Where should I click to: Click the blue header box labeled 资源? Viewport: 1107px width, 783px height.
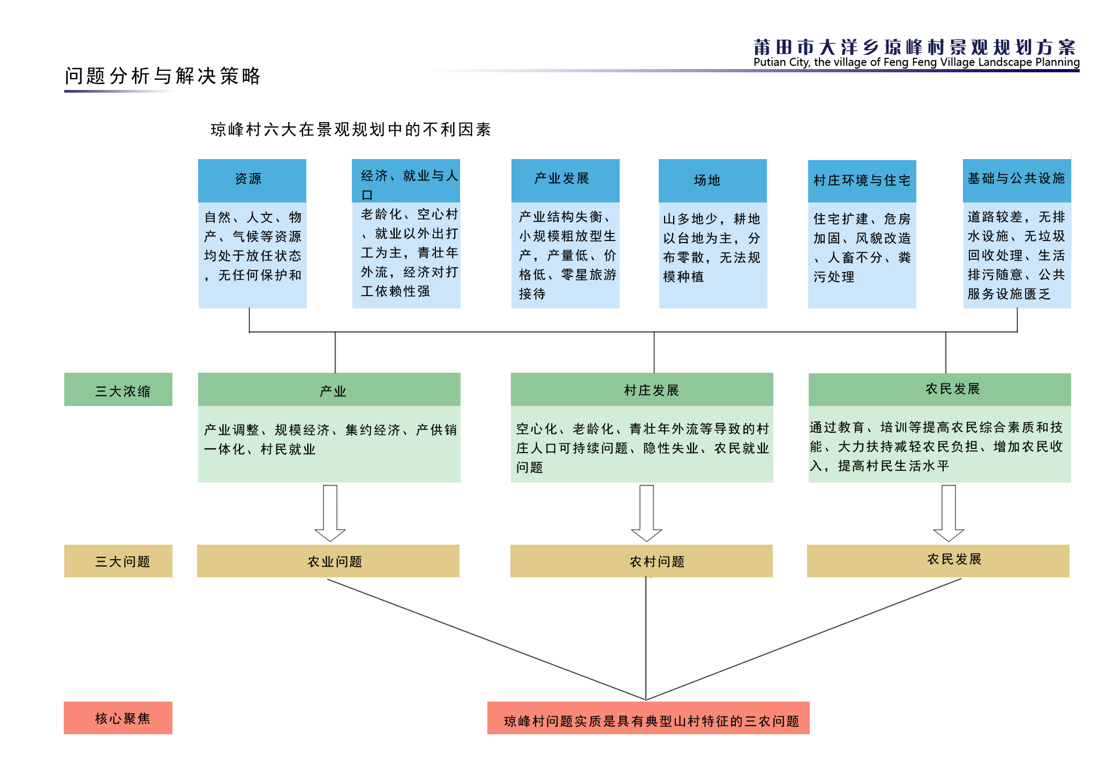(x=252, y=180)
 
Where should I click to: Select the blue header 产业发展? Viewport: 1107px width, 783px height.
(x=565, y=180)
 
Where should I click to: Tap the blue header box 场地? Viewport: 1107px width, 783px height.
(x=713, y=180)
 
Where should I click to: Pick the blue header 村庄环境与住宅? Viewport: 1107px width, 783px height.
(x=862, y=181)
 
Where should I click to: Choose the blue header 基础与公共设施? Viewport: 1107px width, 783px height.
(x=1017, y=180)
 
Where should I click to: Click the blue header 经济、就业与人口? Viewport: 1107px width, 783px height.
(x=406, y=180)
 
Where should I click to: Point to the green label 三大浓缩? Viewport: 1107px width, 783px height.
(x=118, y=389)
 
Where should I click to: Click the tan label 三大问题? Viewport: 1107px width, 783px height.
(x=118, y=561)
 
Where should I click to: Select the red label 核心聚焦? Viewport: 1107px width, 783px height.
(x=118, y=718)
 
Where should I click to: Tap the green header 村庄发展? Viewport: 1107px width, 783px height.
(x=642, y=389)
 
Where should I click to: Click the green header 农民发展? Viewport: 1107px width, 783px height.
(x=940, y=389)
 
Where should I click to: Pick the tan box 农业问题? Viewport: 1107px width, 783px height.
(x=328, y=561)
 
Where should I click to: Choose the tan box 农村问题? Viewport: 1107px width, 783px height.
(x=642, y=561)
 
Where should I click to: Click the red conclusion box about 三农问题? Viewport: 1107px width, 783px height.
(x=649, y=718)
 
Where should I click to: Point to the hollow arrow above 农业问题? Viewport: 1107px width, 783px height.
(x=330, y=513)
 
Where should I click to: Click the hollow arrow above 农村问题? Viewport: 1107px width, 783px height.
(x=647, y=513)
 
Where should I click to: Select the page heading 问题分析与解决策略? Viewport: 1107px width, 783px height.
(x=163, y=76)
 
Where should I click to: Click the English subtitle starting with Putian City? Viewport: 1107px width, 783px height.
(x=916, y=62)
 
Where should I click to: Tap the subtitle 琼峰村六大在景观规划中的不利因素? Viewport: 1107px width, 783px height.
(x=351, y=130)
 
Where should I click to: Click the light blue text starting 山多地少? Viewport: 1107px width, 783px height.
(x=712, y=247)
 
